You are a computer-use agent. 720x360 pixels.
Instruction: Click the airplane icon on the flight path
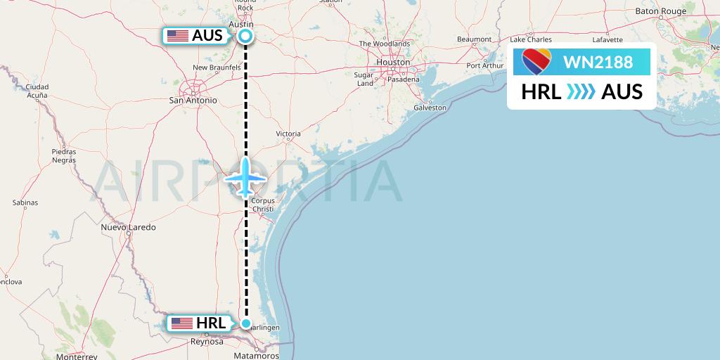[x=245, y=177]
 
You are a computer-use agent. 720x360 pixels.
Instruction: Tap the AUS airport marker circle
[x=245, y=36]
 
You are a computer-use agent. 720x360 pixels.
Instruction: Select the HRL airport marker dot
[x=246, y=323]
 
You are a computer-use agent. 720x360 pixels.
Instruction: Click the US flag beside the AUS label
[x=177, y=36]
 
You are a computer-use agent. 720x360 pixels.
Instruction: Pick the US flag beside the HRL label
[x=182, y=323]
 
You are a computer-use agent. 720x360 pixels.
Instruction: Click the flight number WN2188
[x=598, y=62]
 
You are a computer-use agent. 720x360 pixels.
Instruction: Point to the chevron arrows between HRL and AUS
[x=581, y=91]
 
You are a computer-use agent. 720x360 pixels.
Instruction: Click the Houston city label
[x=393, y=62]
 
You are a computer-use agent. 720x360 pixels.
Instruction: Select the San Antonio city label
[x=193, y=101]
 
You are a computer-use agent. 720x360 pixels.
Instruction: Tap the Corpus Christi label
[x=262, y=205]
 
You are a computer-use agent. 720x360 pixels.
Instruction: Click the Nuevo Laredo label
[x=128, y=227]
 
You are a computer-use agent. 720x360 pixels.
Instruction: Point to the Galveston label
[x=430, y=108]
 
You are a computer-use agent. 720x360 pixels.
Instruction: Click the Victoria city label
[x=288, y=134]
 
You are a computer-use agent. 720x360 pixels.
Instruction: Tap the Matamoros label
[x=256, y=356]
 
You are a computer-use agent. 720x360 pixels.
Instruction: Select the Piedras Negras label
[x=63, y=155]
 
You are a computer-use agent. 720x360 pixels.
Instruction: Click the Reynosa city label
[x=207, y=342]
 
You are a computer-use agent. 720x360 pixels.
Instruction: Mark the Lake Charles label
[x=531, y=39]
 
